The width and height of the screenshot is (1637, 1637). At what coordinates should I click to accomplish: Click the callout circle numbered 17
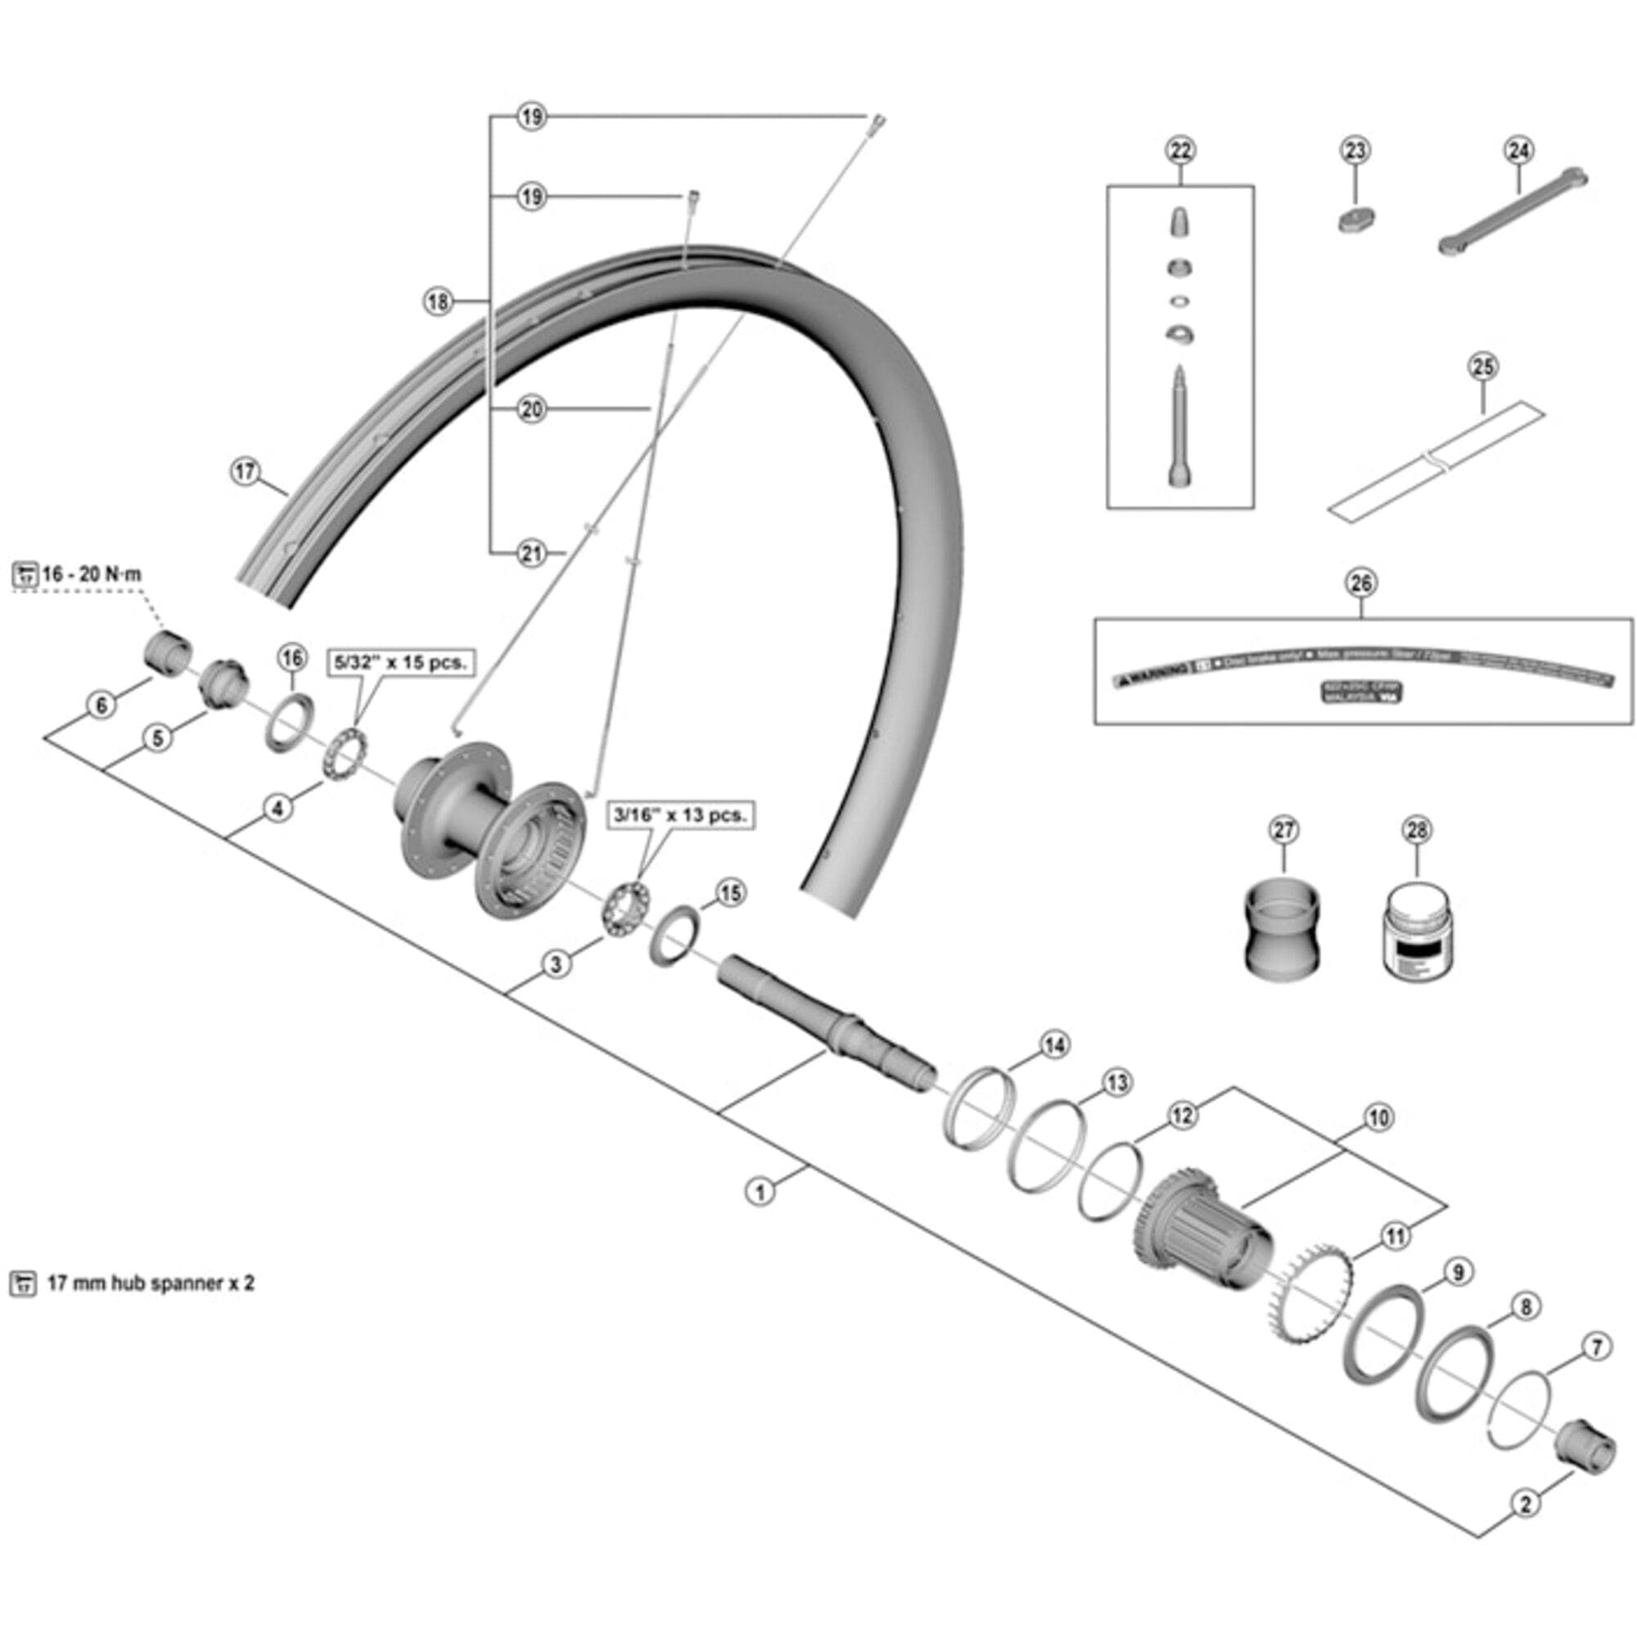245,471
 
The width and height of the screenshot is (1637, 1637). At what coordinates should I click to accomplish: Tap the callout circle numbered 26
1361,582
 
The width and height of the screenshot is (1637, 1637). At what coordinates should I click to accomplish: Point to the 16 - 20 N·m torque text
92,575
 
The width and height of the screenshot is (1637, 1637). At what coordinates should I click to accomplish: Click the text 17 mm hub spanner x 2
150,1283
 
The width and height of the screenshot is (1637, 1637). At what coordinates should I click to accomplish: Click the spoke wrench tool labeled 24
1513,212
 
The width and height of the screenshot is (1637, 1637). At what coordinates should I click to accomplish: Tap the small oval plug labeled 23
1356,219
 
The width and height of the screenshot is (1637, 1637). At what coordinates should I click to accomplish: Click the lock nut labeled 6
166,653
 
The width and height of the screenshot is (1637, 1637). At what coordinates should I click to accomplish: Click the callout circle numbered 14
1054,1045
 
